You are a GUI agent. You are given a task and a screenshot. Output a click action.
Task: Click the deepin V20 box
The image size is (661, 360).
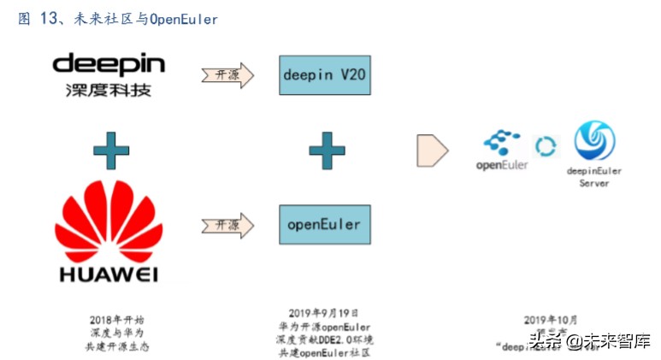pos(324,74)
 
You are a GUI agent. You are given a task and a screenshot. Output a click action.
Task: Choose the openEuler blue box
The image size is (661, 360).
pos(324,225)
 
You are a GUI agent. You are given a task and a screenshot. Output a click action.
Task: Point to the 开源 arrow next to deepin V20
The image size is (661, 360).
pos(227,75)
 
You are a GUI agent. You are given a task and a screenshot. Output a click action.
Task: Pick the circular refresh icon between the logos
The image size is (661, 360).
pos(545,146)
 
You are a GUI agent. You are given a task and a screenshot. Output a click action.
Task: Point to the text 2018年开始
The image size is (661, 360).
pos(110,319)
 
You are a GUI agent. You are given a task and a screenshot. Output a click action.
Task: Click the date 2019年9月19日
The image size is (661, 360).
pos(324,314)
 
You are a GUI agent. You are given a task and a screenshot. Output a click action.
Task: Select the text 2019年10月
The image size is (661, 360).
pos(546,319)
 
